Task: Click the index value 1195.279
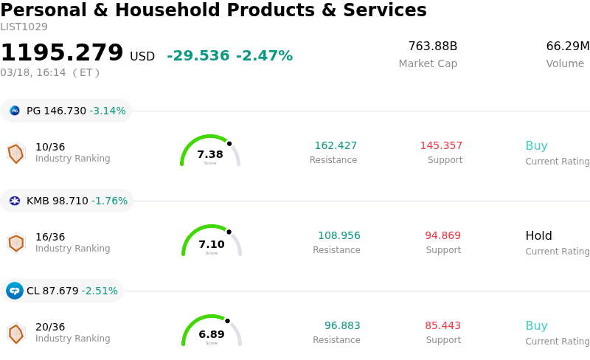pyautogui.click(x=62, y=53)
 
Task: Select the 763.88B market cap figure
pyautogui.click(x=433, y=46)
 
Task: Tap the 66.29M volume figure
pyautogui.click(x=567, y=46)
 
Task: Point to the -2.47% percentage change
pyautogui.click(x=264, y=56)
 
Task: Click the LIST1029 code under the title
pyautogui.click(x=24, y=27)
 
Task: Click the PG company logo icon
pyautogui.click(x=15, y=111)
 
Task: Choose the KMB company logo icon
pyautogui.click(x=15, y=201)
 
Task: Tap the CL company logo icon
pyautogui.click(x=15, y=291)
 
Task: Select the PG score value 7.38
pyautogui.click(x=210, y=154)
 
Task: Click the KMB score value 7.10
pyautogui.click(x=212, y=244)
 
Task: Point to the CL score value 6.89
pyautogui.click(x=212, y=334)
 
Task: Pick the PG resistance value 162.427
pyautogui.click(x=336, y=145)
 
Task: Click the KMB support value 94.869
pyautogui.click(x=442, y=235)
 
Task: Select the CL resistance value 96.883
pyautogui.click(x=342, y=325)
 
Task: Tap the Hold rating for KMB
pyautogui.click(x=538, y=236)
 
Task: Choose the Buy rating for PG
pyautogui.click(x=536, y=145)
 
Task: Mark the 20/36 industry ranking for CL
pyautogui.click(x=50, y=327)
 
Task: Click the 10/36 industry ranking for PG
pyautogui.click(x=50, y=147)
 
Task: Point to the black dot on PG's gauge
pyautogui.click(x=229, y=143)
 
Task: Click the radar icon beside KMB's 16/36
pyautogui.click(x=16, y=243)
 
